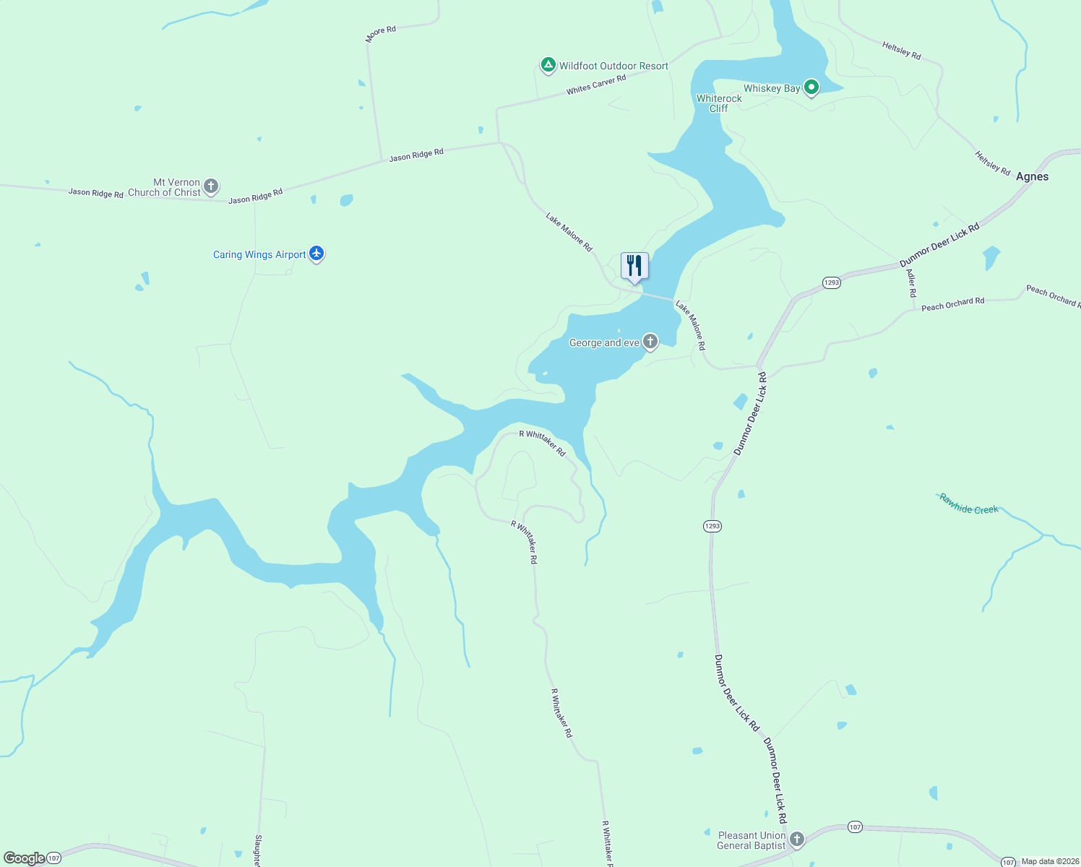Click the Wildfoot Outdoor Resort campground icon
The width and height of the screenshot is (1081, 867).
click(x=548, y=66)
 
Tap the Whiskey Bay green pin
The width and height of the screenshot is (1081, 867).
click(x=811, y=87)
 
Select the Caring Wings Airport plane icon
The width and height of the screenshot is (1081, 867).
click(x=316, y=254)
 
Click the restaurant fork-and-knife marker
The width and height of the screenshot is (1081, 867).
click(x=634, y=266)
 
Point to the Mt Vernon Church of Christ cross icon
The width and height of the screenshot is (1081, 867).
click(x=211, y=186)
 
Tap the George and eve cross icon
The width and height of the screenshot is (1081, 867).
click(x=650, y=342)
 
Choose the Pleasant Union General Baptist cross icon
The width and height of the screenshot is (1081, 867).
click(x=797, y=840)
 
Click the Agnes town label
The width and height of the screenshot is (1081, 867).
click(x=1032, y=176)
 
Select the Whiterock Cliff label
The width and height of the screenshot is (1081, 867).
click(x=719, y=103)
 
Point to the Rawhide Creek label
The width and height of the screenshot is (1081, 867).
click(x=969, y=504)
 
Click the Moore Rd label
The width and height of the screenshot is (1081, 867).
click(x=381, y=34)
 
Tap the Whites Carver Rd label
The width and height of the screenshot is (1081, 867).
click(x=596, y=85)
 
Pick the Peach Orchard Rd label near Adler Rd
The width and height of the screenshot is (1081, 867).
click(x=952, y=304)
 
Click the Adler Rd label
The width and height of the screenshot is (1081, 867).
click(x=911, y=283)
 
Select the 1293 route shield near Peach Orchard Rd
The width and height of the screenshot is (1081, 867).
click(x=832, y=282)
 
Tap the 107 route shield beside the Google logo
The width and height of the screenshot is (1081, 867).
click(x=53, y=858)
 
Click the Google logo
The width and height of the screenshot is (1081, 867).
click(x=24, y=858)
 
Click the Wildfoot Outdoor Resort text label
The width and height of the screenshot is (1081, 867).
click(x=613, y=66)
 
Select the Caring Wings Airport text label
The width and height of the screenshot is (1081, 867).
click(x=259, y=254)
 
